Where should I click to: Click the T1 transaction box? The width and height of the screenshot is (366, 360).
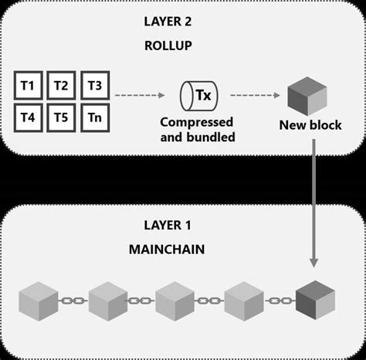coord(29,84)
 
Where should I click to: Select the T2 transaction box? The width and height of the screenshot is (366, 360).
coord(61,84)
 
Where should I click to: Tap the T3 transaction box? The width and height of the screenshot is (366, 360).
coord(93,84)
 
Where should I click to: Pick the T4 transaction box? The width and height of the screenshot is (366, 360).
coord(29,117)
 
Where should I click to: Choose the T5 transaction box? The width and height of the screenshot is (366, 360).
coord(61,117)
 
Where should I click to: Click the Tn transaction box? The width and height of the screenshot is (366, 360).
coord(93,117)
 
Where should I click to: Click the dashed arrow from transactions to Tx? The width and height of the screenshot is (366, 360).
coord(140,97)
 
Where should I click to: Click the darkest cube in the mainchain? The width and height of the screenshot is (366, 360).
coord(315,301)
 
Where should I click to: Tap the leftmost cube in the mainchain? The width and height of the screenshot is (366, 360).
coord(38,301)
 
